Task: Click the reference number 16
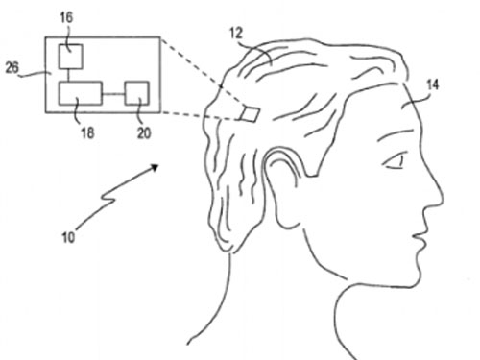click(66, 17)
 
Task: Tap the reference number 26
click(12, 67)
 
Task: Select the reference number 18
click(87, 132)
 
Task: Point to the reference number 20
click(144, 132)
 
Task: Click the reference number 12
click(236, 33)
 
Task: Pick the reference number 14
click(433, 84)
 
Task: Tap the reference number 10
click(68, 237)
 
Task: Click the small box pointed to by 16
click(70, 57)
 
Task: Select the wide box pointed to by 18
click(81, 93)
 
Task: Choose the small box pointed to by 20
click(136, 93)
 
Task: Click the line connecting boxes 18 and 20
click(113, 94)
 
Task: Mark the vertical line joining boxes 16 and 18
click(69, 75)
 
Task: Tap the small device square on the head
click(250, 114)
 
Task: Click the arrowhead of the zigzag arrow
click(155, 167)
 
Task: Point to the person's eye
click(395, 161)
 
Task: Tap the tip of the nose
click(443, 198)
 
